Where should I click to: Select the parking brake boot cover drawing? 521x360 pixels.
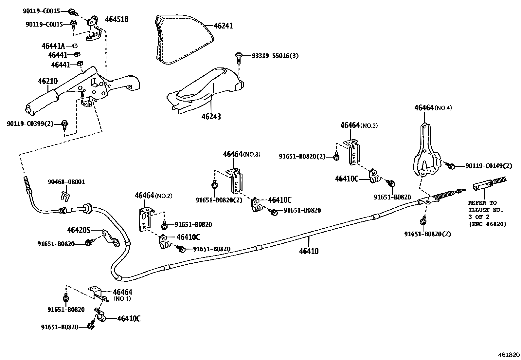coord(183,39)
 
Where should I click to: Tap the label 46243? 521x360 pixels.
coord(211,116)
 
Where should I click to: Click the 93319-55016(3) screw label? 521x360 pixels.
coord(275,56)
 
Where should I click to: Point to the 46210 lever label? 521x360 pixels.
coord(48,81)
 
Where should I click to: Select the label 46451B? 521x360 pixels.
coord(117,19)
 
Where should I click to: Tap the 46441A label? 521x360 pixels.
coord(53,46)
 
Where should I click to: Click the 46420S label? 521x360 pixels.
coord(79,230)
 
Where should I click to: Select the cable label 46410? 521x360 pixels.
coord(309,251)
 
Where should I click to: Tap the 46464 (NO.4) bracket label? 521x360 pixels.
coord(433,108)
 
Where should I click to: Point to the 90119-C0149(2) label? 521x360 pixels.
coord(489,166)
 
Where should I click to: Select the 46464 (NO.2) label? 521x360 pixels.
coord(153,196)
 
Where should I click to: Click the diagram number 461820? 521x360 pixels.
coord(509,355)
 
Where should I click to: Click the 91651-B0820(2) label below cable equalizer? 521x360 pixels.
coord(427,234)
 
